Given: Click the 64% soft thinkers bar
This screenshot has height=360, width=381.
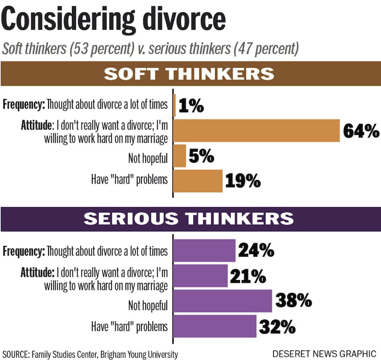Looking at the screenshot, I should tap(256, 130).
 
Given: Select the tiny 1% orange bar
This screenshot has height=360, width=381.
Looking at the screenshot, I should tap(174, 105).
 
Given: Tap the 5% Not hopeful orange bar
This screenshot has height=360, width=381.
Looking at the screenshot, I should tap(180, 156).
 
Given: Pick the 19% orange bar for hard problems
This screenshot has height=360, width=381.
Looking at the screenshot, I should tap(198, 181).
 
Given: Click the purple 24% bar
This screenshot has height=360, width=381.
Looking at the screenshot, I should tap(204, 250).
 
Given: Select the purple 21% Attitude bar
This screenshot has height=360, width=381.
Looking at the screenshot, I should tap(201, 276).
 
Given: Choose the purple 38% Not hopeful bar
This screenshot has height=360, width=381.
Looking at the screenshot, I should tap(222, 301).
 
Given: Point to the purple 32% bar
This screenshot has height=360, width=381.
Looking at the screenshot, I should tap(215, 326).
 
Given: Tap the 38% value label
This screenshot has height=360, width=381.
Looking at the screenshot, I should tap(293, 301).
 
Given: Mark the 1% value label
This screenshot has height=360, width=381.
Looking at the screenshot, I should tap(191, 106).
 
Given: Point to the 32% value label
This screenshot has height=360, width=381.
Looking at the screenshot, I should tap(277, 327).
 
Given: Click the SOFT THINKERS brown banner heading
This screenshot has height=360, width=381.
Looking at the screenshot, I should tap(189, 74).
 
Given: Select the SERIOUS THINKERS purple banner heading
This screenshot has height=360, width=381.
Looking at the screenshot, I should tap(189, 219).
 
